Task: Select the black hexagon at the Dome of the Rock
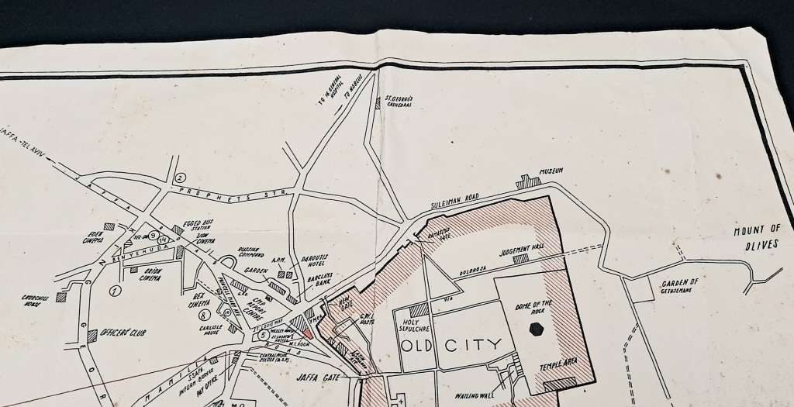[x=536, y=329]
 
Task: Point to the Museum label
[x=551, y=171]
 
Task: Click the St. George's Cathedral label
[x=399, y=103]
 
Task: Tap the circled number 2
[x=180, y=178]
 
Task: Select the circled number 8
[x=204, y=315]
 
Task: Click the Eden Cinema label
[x=94, y=238]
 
